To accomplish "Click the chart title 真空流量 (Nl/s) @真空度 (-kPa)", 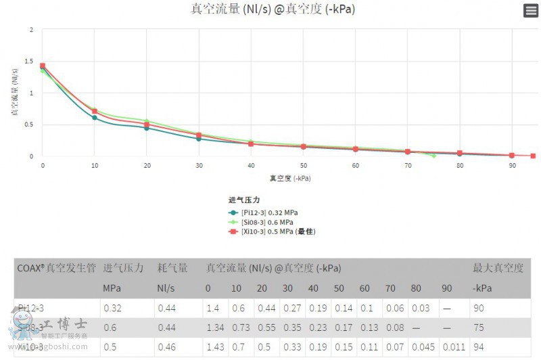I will point(273,9).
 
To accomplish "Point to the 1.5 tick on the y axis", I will point(29,61).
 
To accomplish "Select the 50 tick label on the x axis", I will point(304,165).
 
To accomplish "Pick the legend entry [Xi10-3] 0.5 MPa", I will point(273,231).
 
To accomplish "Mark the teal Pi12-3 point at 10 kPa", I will point(95,118).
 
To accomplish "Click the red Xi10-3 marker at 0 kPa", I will point(43,66).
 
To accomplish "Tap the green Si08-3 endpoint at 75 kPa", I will point(433,156).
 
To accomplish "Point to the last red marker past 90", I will point(533,156).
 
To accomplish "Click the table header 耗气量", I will point(172,268).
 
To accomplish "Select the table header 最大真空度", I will point(498,268).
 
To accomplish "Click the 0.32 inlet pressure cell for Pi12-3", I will point(112,307).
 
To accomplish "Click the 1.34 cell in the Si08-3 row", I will point(214,328).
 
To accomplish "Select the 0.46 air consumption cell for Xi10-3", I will point(167,348).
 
